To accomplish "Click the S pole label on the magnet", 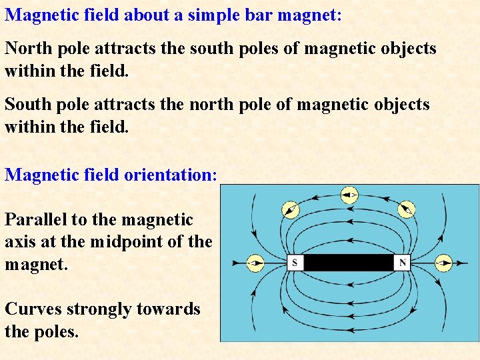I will [295, 263].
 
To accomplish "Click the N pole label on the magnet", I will [403, 263].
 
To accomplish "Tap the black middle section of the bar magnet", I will [349, 263].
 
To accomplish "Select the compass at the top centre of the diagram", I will [349, 195].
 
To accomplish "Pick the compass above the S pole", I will [290, 209].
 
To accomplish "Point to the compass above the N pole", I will [407, 209].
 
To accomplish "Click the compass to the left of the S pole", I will [255, 263].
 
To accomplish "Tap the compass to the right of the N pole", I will [443, 263].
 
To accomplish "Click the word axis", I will [19, 241].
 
